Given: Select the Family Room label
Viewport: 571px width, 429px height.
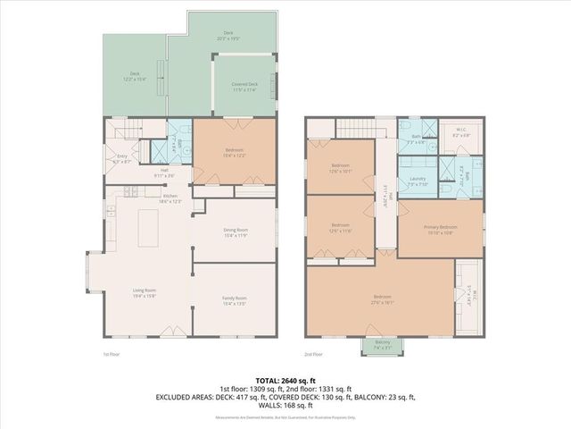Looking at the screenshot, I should point(236,299).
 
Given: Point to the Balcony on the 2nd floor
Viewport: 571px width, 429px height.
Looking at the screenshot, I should point(381,347).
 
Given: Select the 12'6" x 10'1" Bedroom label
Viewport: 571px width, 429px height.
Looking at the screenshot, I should point(341,166).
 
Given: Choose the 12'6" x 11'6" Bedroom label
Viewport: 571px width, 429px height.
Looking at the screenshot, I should point(341,227).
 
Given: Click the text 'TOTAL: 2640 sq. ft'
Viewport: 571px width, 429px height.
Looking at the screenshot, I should point(285,380).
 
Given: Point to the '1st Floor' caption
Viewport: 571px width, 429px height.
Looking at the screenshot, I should point(112,354).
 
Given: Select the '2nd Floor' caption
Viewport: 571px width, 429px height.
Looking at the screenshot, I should point(314,354).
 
